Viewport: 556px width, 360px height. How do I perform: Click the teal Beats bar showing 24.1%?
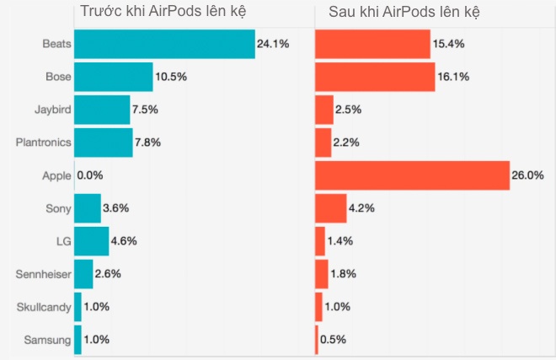point(164,44)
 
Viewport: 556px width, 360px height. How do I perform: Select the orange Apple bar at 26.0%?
point(412,175)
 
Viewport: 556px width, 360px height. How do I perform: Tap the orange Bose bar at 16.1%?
point(375,77)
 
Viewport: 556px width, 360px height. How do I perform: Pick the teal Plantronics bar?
point(103,142)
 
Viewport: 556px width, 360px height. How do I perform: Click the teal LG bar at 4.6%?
point(91,241)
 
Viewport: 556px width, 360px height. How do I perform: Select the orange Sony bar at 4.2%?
point(330,208)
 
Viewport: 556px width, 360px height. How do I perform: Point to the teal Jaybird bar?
point(102,110)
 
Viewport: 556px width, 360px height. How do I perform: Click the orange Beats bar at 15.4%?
point(372,44)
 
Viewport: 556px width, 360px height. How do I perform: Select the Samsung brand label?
point(47,340)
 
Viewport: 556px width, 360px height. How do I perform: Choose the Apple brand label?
point(56,175)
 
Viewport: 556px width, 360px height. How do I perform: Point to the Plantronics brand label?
point(44,142)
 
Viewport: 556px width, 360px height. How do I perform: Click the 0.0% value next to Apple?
point(89,176)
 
